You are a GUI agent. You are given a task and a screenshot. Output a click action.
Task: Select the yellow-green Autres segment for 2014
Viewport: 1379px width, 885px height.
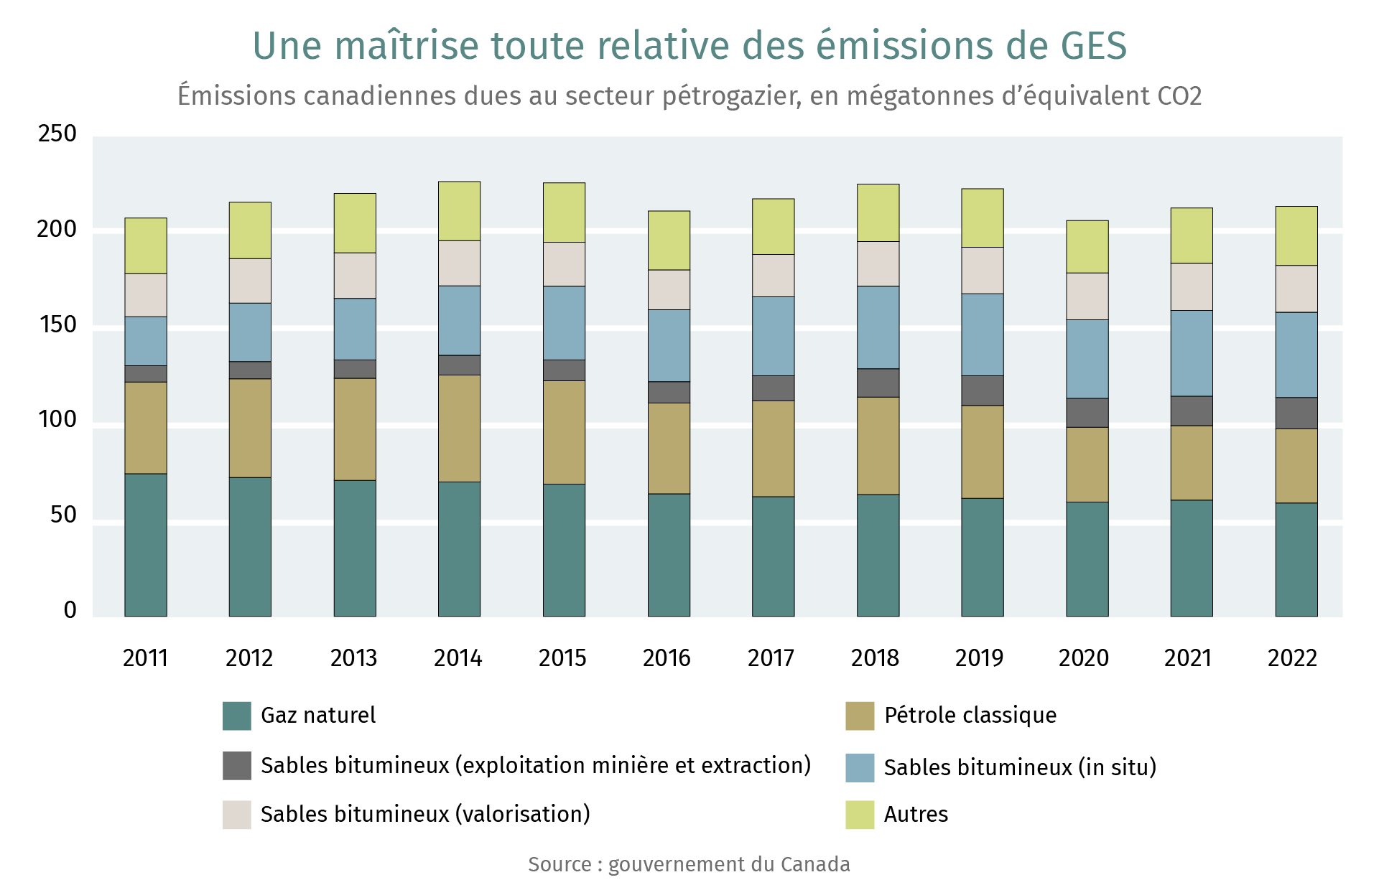pyautogui.click(x=459, y=211)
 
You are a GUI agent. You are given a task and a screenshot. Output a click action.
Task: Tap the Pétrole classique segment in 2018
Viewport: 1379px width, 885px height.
pyautogui.click(x=878, y=446)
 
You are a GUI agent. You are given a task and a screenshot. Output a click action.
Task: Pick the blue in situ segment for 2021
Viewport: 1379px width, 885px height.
pyautogui.click(x=1192, y=353)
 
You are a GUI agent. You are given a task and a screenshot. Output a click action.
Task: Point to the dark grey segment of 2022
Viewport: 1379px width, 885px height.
pyautogui.click(x=1296, y=413)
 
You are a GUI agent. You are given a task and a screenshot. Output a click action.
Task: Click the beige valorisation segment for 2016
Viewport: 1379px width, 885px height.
pyautogui.click(x=669, y=290)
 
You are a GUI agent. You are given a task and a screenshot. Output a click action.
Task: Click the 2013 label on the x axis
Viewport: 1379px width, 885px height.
pyautogui.click(x=353, y=657)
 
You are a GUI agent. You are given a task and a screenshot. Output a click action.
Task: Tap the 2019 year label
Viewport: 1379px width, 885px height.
pyautogui.click(x=979, y=657)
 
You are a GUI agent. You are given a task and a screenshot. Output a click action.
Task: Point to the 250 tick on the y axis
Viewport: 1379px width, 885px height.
pyautogui.click(x=57, y=134)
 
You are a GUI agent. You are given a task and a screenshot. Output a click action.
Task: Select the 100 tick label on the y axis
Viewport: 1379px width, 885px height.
pyautogui.click(x=57, y=420)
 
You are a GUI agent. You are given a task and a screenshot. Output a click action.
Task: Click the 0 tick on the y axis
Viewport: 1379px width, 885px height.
pyautogui.click(x=70, y=610)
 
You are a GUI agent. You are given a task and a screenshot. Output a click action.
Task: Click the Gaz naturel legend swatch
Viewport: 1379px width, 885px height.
pyautogui.click(x=237, y=716)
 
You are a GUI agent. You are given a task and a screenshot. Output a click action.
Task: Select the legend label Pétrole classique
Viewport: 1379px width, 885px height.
pyautogui.click(x=970, y=716)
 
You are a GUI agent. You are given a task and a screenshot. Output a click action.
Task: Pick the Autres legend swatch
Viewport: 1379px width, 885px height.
pyautogui.click(x=860, y=815)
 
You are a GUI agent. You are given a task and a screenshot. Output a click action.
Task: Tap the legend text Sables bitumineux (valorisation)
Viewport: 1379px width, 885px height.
pyautogui.click(x=425, y=815)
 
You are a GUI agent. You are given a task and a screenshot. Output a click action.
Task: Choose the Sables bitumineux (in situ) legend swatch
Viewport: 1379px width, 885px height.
pyautogui.click(x=860, y=767)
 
